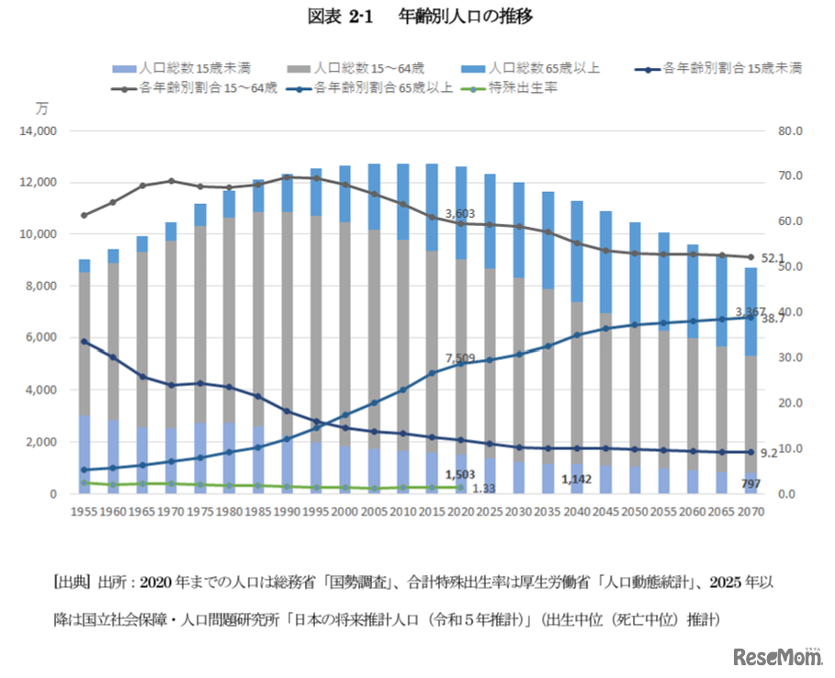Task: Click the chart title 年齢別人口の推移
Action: click(466, 16)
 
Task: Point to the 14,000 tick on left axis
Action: click(39, 131)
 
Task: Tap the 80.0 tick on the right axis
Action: click(791, 131)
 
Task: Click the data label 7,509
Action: click(460, 357)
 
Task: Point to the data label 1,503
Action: click(459, 475)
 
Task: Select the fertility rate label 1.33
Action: click(485, 489)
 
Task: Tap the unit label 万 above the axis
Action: click(40, 107)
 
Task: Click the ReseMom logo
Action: click(776, 657)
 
